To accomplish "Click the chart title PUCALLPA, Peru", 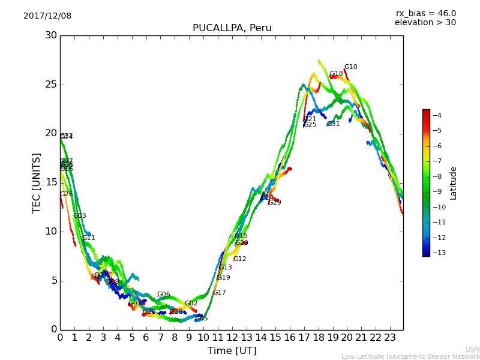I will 232,28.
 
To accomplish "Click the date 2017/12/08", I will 47,16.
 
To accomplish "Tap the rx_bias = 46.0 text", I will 425,14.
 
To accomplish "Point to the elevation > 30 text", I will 425,23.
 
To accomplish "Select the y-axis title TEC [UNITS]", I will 37,182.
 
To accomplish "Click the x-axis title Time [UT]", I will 232,351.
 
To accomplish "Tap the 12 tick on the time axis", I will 232,338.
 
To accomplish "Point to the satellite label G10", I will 350,67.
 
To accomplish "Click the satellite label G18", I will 336,74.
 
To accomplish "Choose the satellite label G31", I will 333,124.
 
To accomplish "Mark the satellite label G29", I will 275,203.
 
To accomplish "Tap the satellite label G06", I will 163,295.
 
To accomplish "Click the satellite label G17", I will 219,293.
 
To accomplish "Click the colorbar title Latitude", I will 454,183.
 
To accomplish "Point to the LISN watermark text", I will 472,349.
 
